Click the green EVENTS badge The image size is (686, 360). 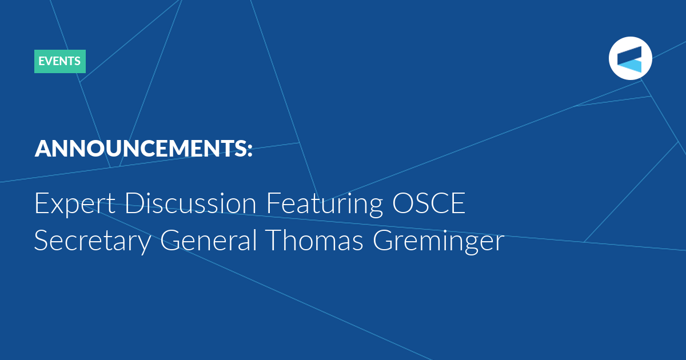60,61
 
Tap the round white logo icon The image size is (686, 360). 630,58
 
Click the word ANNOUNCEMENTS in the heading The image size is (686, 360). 141,149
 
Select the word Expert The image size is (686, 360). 75,203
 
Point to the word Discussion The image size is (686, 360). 190,203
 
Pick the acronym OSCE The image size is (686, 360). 429,203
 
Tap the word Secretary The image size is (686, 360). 93,241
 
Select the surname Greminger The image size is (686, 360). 438,241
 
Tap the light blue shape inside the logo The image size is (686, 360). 629,66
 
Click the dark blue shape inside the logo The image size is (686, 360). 630,54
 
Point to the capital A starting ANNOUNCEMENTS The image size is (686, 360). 42,149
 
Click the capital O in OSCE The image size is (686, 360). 404,203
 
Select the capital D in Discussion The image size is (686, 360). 135,203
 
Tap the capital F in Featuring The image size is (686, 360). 273,203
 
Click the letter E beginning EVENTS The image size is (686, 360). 41,61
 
